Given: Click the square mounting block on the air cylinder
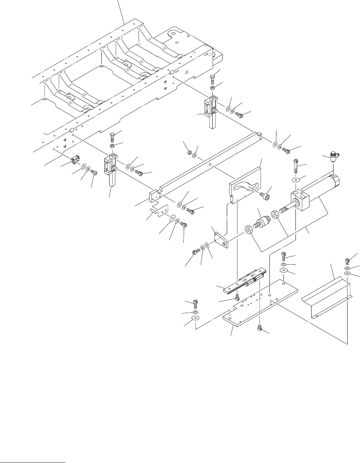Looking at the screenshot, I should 301,200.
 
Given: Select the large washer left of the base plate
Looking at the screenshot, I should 194,319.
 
